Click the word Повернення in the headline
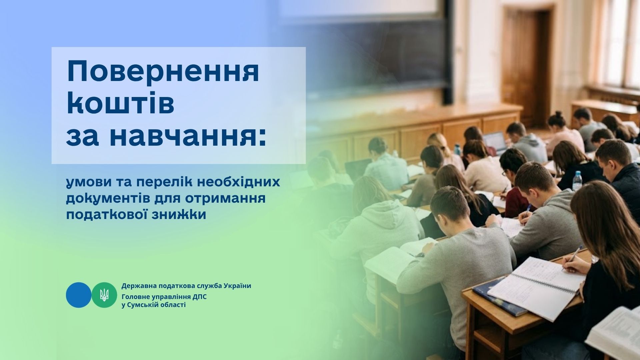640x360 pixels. tap(163, 73)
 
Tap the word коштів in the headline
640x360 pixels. tap(121, 103)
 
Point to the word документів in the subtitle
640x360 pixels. tap(118, 199)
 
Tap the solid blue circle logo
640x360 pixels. tap(78, 295)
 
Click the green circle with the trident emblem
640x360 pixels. tap(104, 295)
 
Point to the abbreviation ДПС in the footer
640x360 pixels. tap(200, 297)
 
